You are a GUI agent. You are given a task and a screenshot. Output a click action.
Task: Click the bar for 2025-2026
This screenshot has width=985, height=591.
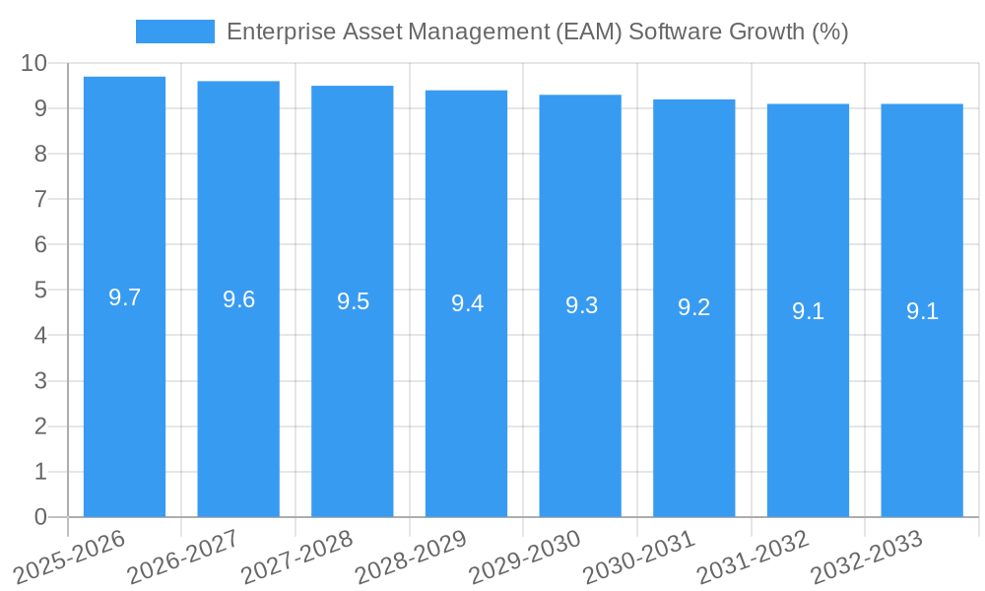click(x=124, y=394)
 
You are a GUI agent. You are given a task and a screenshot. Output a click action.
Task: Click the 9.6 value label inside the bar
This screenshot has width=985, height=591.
click(x=238, y=300)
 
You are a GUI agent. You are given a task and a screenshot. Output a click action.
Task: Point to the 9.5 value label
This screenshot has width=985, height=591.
click(x=353, y=302)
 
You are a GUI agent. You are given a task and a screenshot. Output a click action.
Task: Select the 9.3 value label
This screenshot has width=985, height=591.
click(x=581, y=305)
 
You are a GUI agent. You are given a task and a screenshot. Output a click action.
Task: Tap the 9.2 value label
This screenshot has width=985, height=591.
click(x=693, y=307)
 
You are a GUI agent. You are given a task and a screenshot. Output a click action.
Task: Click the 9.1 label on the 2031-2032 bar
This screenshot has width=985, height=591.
click(x=808, y=311)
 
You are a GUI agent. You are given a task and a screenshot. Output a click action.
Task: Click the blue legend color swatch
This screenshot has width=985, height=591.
click(x=174, y=32)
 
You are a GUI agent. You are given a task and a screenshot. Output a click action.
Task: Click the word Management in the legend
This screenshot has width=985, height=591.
click(x=461, y=32)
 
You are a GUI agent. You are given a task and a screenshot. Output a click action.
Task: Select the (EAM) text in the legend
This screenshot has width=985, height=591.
click(x=588, y=32)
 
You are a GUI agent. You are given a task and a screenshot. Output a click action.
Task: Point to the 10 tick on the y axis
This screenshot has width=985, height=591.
click(x=34, y=63)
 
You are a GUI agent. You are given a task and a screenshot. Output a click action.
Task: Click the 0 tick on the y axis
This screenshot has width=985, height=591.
click(x=40, y=517)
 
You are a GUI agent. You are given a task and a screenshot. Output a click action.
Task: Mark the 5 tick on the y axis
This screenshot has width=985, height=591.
click(x=40, y=291)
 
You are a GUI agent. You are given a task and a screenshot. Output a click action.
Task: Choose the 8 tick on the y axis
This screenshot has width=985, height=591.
click(x=40, y=154)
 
